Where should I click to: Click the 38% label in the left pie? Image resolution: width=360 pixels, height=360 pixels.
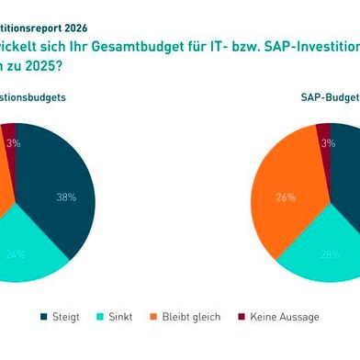click(65, 197)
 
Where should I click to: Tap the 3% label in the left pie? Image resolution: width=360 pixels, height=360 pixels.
click(14, 143)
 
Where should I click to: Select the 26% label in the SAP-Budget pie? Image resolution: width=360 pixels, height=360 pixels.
click(287, 197)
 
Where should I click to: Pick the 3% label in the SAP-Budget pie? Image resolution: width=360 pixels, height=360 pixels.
click(326, 142)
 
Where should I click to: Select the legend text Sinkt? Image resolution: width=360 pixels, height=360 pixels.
click(121, 317)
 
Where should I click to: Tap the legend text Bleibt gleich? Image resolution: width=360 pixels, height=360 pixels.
click(193, 317)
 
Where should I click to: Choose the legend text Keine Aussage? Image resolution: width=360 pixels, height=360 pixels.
click(285, 317)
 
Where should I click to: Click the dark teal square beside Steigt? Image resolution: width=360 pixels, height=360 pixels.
click(45, 317)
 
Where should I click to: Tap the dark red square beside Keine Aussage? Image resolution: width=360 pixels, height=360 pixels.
click(242, 317)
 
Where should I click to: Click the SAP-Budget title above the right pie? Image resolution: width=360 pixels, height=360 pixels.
click(329, 96)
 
